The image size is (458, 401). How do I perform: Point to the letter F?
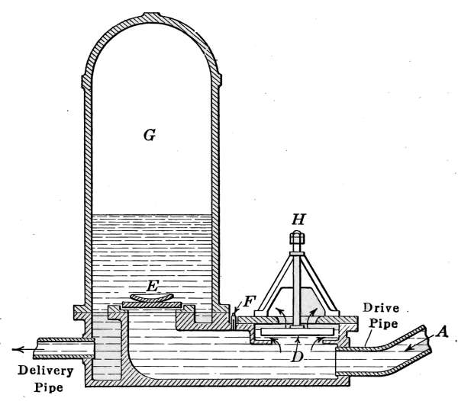[x=248, y=302]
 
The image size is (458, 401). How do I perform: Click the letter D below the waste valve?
[x=299, y=356]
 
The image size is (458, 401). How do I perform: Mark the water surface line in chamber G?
[x=150, y=214]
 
